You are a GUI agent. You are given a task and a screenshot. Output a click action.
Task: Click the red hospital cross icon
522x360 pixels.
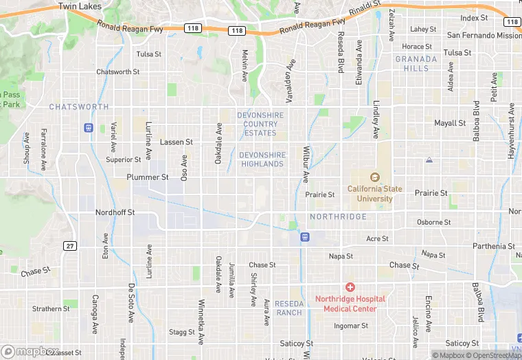click(x=350, y=286)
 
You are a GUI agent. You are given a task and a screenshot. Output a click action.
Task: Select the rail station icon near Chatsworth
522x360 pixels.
click(x=89, y=128)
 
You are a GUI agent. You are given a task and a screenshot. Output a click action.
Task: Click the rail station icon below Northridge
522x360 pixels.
click(x=304, y=237)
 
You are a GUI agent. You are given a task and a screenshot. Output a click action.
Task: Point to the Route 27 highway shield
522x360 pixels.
click(x=70, y=246)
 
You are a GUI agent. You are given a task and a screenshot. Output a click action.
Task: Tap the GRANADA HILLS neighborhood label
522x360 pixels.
click(x=416, y=64)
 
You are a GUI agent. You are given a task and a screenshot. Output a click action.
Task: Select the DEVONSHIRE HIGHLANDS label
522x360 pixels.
click(x=262, y=159)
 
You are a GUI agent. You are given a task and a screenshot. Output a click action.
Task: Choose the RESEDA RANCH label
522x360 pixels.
click(x=288, y=308)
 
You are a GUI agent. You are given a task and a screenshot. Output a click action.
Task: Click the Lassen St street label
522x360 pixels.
click(x=176, y=142)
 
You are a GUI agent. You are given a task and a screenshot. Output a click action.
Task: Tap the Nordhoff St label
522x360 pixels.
click(x=113, y=212)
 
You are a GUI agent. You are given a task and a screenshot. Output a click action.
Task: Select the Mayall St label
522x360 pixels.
click(x=450, y=124)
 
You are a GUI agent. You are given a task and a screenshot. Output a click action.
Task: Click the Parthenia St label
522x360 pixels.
click(x=494, y=246)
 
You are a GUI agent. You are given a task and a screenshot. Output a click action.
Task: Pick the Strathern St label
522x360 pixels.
click(x=51, y=309)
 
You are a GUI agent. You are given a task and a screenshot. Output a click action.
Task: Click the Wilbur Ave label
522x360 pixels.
click(x=306, y=164)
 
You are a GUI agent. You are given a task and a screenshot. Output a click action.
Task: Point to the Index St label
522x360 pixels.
click(x=473, y=18)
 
